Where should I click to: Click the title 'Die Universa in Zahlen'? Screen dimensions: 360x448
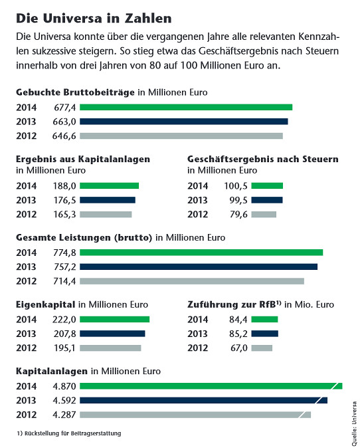pos(94,19)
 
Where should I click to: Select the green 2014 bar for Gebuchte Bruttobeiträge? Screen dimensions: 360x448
pos(186,107)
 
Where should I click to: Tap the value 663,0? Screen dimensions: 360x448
pos(64,122)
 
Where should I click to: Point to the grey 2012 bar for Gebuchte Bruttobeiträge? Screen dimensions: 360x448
pos(181,136)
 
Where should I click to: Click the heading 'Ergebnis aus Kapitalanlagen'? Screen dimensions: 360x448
pos(83,159)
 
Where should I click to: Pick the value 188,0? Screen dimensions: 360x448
pos(65,186)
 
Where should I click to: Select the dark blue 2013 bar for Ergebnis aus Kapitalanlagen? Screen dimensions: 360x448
pos(108,200)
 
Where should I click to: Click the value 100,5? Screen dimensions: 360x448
pos(236,186)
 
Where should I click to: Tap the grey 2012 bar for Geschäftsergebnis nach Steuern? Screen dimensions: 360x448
pos(264,214)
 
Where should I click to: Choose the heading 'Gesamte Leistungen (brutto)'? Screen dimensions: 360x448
pos(84,238)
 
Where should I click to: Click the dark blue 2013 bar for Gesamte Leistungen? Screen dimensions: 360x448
pos(199,267)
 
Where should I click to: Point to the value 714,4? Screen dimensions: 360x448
pos(65,281)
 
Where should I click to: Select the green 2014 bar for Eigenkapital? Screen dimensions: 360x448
pos(115,319)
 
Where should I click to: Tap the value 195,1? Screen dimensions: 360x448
pos(65,348)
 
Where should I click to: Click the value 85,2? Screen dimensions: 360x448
pos(238,334)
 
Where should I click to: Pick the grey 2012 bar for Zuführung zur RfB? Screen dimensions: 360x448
pos(262,348)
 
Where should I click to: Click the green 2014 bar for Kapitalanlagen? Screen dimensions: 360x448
pos(211,386)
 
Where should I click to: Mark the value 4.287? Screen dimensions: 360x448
pos(64,415)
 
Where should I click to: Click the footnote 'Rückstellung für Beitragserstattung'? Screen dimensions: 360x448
pos(73,433)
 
